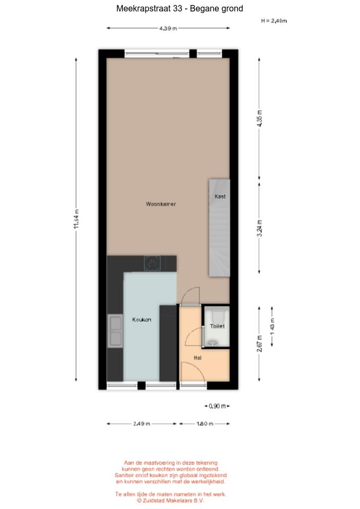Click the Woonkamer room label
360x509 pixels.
point(161,204)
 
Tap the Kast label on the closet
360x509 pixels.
point(220,196)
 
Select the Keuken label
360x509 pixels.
point(142,319)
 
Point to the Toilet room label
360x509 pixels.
point(217,326)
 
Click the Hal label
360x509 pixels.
point(197,357)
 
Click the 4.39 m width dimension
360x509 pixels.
point(168,28)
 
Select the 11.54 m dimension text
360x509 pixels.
point(76,219)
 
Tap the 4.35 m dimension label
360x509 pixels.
point(259,118)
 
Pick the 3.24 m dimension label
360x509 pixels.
point(259,228)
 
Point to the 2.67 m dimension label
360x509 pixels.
point(259,344)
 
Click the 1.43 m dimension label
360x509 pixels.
point(272,326)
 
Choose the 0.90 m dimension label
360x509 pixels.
point(217,406)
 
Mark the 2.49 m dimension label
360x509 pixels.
point(142,424)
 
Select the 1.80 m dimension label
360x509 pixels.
point(205,424)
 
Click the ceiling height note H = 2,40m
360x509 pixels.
point(274,21)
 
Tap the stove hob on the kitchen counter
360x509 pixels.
point(152,264)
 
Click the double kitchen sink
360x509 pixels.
point(115,331)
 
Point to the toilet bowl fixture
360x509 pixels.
point(217,317)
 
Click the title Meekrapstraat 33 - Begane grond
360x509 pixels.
point(180,8)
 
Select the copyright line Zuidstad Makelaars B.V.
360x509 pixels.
point(170,501)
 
